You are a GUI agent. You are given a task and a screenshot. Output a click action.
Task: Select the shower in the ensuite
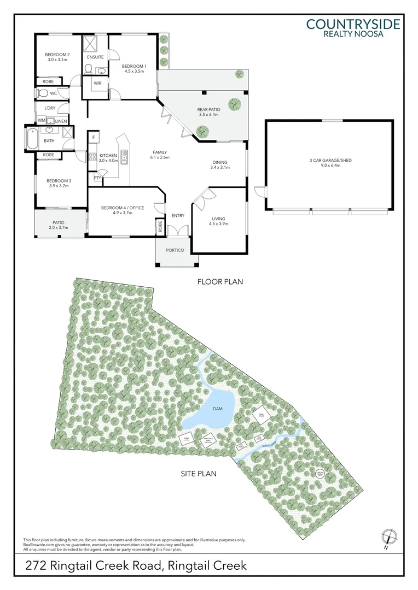click(x=90, y=43)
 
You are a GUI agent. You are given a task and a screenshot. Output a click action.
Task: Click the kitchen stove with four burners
click(x=92, y=157)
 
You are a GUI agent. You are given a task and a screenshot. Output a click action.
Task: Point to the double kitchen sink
click(x=125, y=157)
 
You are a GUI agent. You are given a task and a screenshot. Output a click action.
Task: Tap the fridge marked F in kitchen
click(x=94, y=137)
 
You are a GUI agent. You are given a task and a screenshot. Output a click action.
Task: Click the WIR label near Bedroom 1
click(x=97, y=83)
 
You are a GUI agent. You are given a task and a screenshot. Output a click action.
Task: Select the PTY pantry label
click(x=97, y=178)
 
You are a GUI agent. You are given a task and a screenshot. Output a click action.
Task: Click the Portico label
click(x=176, y=250)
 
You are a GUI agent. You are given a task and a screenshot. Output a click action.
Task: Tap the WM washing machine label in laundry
click(x=42, y=120)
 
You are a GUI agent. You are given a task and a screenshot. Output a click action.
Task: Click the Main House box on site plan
click(x=260, y=415)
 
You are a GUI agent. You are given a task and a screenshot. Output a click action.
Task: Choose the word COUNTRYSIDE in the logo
click(x=353, y=23)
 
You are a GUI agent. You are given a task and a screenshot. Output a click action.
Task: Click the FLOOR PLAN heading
click(x=220, y=282)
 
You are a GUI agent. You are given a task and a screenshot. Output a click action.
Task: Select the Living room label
click(x=218, y=219)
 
